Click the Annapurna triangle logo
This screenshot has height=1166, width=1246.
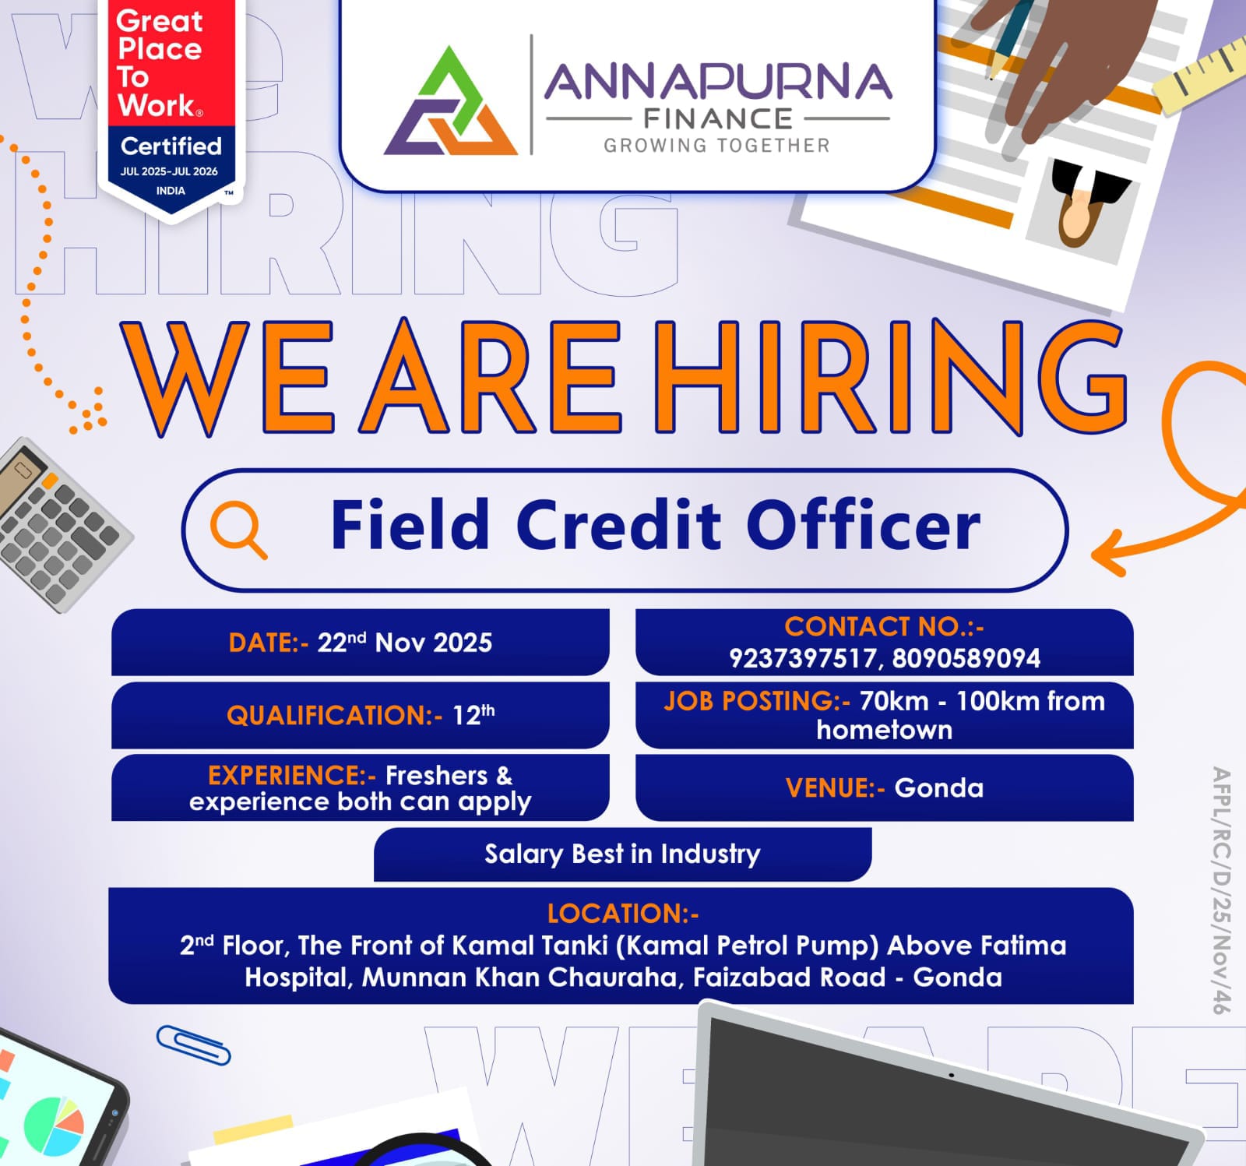[450, 103]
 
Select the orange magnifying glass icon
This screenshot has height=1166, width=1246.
[238, 529]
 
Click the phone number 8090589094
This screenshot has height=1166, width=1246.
[966, 659]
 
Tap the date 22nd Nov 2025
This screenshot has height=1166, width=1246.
[404, 643]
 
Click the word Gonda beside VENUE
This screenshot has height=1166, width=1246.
[938, 788]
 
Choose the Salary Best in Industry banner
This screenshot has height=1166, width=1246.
[622, 854]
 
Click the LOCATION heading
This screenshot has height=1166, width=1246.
[622, 913]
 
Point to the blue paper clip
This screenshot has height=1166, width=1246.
[193, 1044]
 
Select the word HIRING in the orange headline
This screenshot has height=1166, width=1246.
[888, 378]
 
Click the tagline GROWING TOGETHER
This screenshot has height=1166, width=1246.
[716, 146]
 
